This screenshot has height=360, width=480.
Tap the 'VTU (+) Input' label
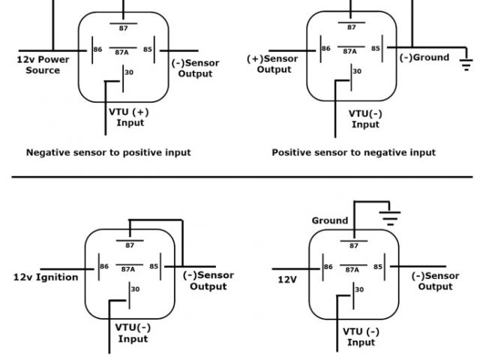[130, 117]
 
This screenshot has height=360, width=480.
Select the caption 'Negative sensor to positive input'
[108, 152]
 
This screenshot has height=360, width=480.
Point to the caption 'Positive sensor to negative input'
[353, 152]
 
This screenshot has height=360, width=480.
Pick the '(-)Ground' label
[424, 58]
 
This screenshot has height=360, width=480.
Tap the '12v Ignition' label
[46, 277]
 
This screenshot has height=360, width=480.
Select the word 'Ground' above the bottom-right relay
[330, 220]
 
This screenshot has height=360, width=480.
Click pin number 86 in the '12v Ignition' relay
[104, 266]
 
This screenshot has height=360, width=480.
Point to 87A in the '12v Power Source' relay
[122, 52]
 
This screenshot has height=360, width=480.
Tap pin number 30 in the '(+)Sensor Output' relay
[357, 72]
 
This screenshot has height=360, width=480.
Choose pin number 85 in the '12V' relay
[378, 266]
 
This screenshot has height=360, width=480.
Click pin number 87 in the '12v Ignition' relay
[129, 245]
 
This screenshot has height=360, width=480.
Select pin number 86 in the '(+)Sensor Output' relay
[325, 49]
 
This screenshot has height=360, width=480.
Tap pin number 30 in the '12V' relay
[360, 289]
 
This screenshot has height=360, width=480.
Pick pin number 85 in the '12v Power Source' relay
[148, 49]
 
